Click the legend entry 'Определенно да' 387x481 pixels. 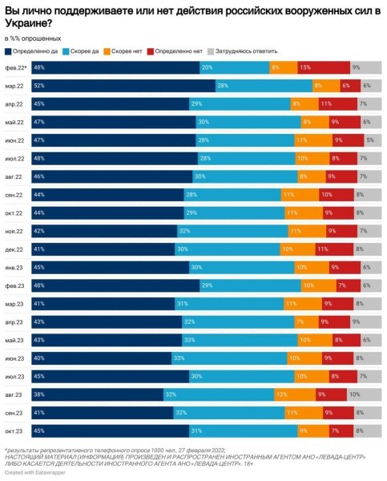click(x=31, y=51)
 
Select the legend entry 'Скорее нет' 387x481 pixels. click(x=127, y=51)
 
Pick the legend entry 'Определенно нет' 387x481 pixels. click(x=179, y=51)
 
